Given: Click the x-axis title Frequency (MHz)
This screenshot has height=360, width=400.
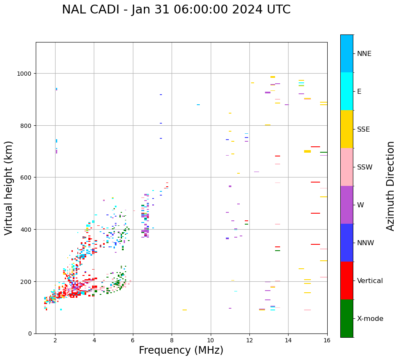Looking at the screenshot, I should point(181,350).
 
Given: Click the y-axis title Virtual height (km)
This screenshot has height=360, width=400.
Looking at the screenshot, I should point(9,188).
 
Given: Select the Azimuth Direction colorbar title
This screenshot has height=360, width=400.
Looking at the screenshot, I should point(391,186).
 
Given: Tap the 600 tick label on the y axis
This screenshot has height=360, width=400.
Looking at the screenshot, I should point(26,177).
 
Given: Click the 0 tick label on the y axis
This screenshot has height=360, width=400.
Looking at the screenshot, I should point(29,334).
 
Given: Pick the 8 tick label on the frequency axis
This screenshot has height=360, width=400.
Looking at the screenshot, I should point(172,340).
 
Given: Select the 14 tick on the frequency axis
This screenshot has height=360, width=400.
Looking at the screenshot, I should point(288,340).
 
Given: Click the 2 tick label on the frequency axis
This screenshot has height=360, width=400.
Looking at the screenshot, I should point(55,340).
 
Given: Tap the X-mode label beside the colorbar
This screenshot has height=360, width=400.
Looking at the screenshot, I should point(370,319).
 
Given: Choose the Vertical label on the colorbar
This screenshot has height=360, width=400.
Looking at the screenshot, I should point(370,281).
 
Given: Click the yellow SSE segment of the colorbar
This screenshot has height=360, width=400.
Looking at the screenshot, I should point(347,129).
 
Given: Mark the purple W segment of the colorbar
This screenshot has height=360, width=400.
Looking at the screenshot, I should point(347,205).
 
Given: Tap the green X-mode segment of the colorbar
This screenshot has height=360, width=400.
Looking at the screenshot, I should point(347,318).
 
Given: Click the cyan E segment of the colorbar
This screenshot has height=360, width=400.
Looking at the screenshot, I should point(347,91).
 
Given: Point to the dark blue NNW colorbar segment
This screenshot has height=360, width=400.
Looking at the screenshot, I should point(347,243).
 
